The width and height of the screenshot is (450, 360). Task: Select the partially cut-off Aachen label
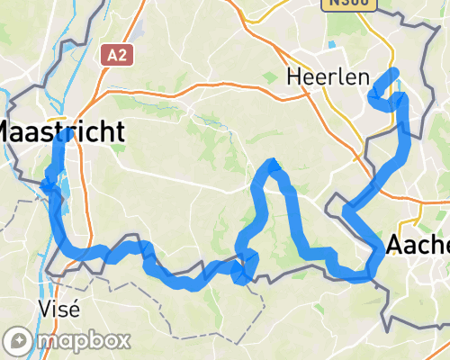point(418,245)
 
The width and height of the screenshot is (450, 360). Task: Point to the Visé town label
point(60,308)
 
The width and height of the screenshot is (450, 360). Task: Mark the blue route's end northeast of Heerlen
point(393,72)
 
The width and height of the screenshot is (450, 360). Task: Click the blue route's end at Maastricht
point(67,135)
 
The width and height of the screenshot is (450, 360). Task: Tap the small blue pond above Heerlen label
point(333,44)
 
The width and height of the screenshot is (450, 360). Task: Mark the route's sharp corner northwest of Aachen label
point(346,212)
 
